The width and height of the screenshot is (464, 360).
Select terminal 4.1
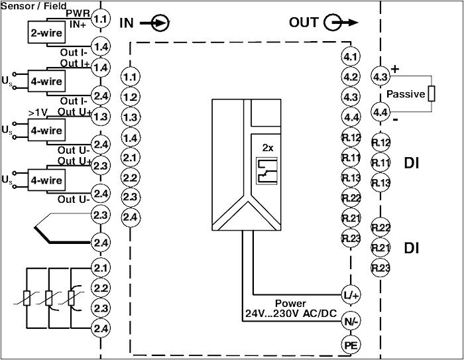point(351,56)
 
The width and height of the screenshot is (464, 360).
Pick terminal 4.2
point(351,77)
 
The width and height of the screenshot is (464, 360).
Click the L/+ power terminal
point(351,294)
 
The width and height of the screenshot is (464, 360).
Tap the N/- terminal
point(351,322)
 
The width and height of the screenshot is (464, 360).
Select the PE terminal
point(351,344)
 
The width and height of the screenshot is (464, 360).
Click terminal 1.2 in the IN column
point(131,97)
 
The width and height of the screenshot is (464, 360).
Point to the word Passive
point(406,94)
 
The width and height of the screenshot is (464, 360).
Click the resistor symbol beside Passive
point(432,93)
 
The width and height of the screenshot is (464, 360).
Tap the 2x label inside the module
point(268,147)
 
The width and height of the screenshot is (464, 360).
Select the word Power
point(290,303)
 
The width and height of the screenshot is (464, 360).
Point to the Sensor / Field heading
point(34,6)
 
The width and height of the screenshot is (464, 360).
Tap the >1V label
point(38,111)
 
